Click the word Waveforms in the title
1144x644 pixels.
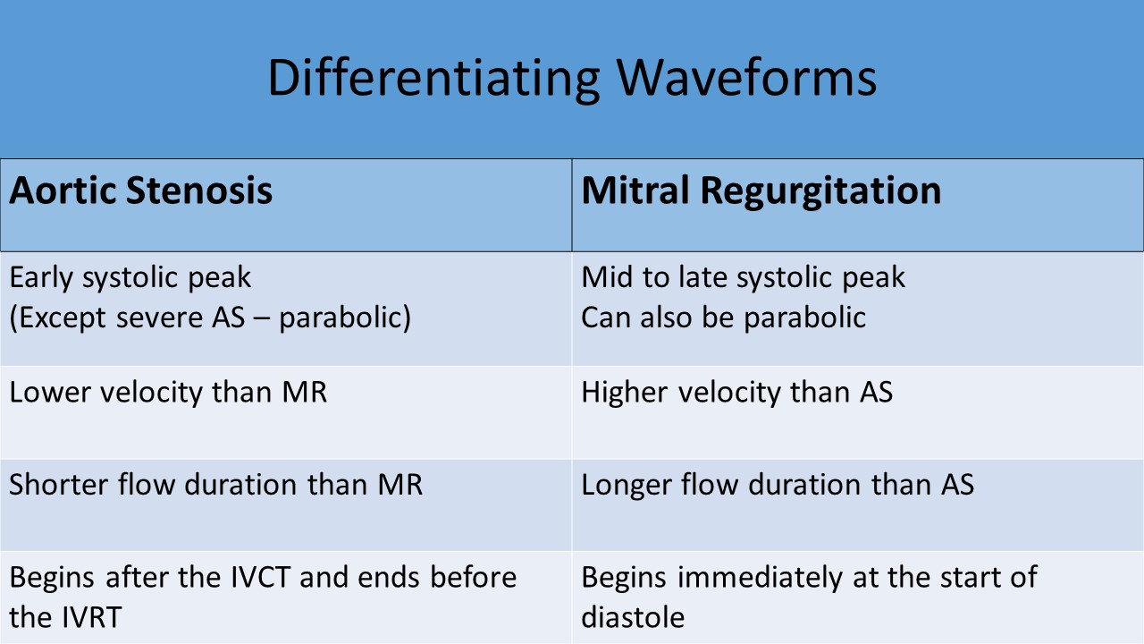[746, 77]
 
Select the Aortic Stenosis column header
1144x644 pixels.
[141, 191]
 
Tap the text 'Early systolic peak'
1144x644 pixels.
[130, 278]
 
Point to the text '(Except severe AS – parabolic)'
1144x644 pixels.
[210, 318]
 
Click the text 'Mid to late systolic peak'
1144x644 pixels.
[743, 278]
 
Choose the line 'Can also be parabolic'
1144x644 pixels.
[724, 318]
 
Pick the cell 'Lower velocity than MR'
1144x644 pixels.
[168, 393]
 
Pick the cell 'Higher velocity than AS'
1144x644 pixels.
[737, 393]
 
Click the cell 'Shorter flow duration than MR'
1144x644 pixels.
[216, 485]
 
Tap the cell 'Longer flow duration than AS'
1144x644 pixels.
[778, 485]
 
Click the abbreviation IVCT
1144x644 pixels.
[261, 578]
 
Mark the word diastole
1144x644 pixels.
[633, 617]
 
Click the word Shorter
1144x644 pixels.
[59, 485]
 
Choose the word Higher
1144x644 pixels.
[625, 394]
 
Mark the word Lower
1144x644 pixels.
[50, 393]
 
